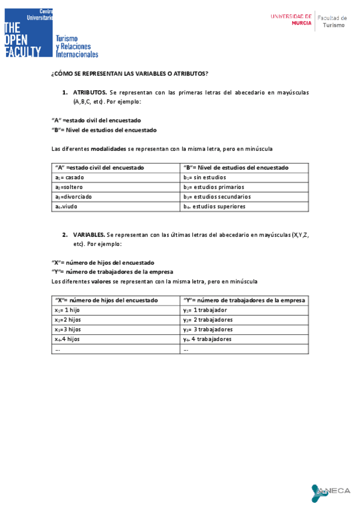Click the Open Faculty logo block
click(x=29, y=33)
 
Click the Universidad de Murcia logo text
click(x=291, y=20)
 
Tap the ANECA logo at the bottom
click(x=331, y=492)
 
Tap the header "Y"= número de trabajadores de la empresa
click(x=244, y=300)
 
